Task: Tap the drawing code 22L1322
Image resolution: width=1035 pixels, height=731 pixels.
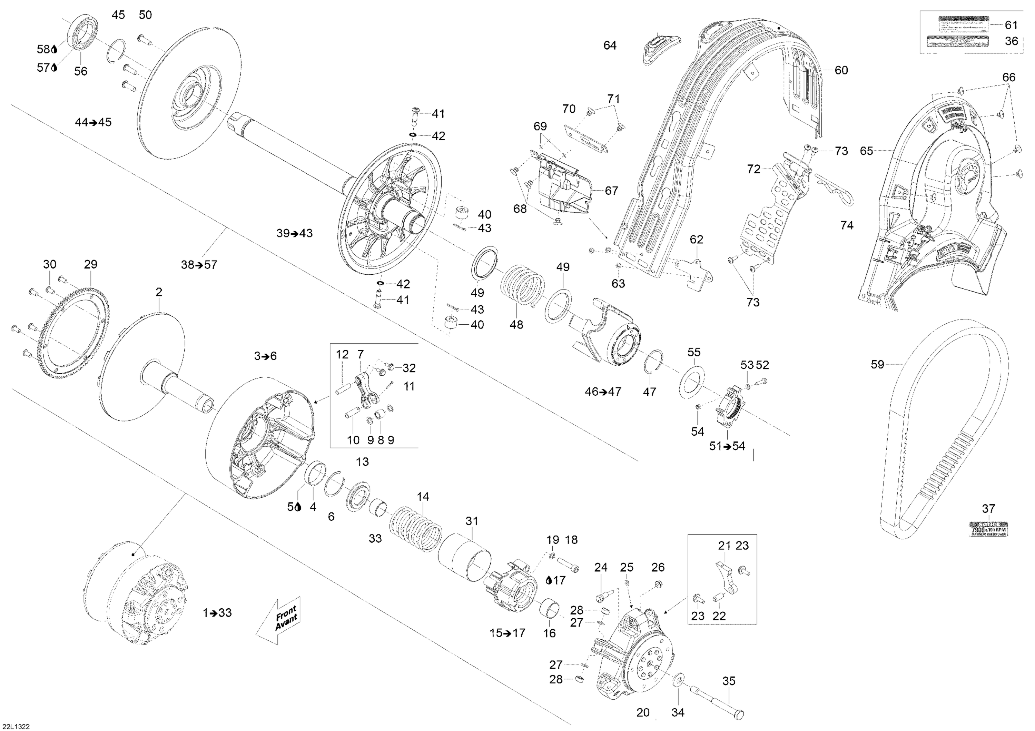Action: point(16,726)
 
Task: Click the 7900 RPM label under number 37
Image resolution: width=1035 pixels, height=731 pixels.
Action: point(988,529)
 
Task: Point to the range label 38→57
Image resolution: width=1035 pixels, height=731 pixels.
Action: point(199,265)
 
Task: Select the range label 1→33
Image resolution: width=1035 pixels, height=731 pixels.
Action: point(217,612)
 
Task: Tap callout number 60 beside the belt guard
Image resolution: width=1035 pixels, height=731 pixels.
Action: point(841,70)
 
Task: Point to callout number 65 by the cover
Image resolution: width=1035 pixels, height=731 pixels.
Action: point(866,151)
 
